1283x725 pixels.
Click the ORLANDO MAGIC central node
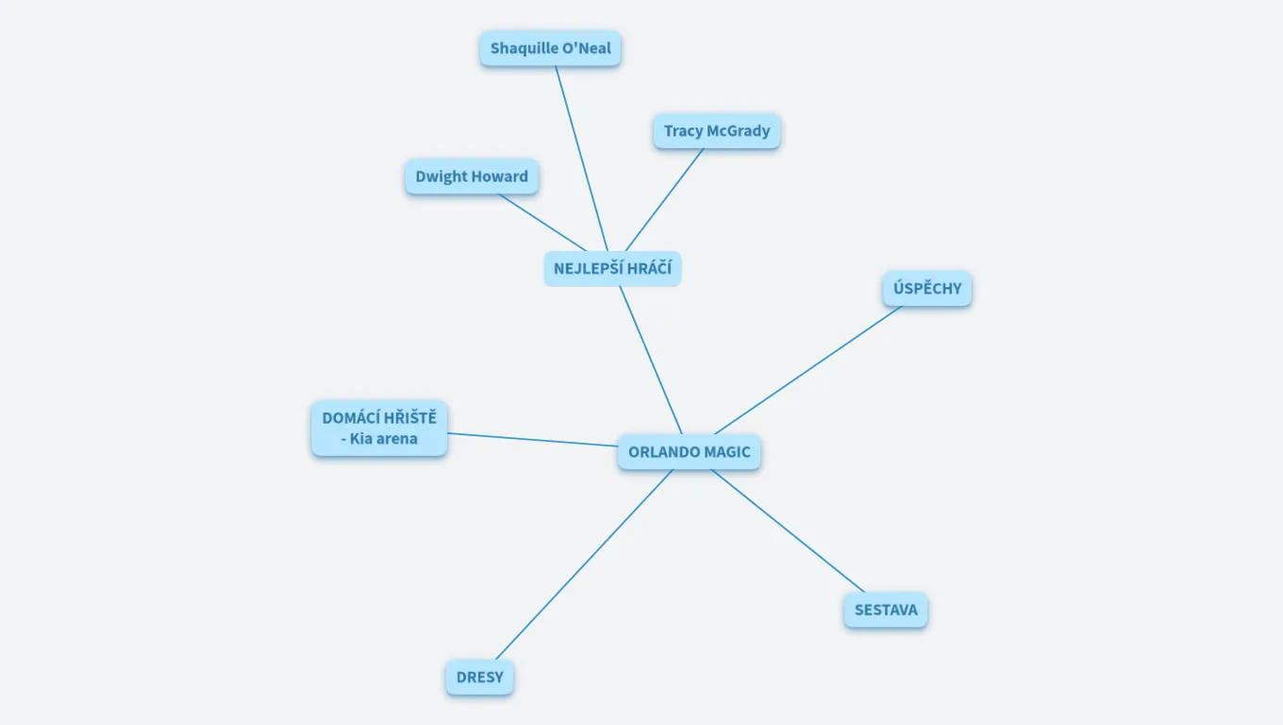pos(689,452)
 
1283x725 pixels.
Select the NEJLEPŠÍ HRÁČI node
pos(612,269)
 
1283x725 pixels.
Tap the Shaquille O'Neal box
pos(550,48)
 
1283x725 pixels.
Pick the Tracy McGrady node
pos(716,131)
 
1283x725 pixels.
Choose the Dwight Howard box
pos(472,177)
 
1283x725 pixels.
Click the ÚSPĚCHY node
pos(926,289)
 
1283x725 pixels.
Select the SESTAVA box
pos(885,610)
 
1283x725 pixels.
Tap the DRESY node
pos(479,678)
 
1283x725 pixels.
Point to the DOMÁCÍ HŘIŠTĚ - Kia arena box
pos(379,429)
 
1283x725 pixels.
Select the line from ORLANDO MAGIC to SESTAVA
pos(788,531)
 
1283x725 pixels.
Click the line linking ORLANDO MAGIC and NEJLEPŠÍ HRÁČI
pos(650,360)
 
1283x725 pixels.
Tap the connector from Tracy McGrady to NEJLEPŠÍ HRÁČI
pos(664,200)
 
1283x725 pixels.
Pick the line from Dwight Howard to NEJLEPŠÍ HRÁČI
pos(542,223)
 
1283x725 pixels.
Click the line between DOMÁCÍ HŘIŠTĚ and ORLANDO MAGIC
pos(532,439)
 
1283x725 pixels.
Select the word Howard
pos(500,177)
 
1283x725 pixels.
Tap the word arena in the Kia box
pos(396,439)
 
